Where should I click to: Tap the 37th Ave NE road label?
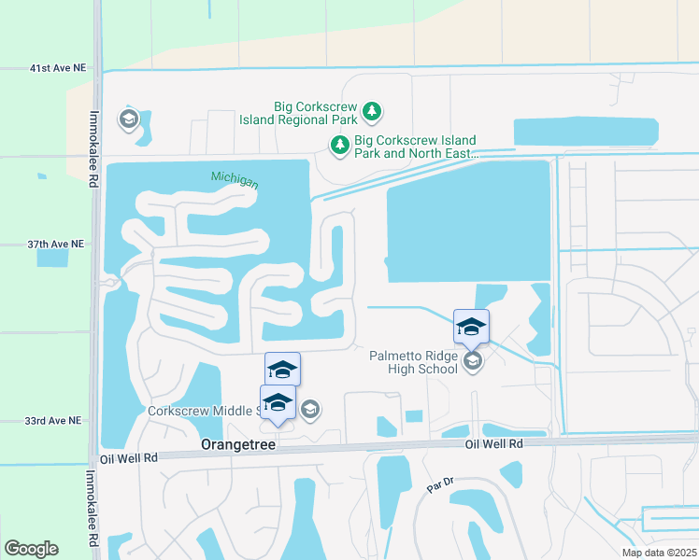tap(55, 244)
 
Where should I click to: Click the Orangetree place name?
tap(238, 446)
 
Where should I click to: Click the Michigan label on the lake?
tap(234, 178)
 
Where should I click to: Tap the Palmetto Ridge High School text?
tap(414, 362)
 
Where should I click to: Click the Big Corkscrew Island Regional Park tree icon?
tap(373, 112)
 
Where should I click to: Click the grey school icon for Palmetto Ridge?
tap(473, 361)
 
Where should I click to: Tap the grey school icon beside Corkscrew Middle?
tap(310, 409)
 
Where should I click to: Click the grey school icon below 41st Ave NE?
tap(128, 119)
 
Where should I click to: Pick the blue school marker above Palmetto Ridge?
tap(471, 327)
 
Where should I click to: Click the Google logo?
tap(31, 549)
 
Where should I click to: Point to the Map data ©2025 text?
tap(659, 553)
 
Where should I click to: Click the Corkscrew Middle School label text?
tap(202, 411)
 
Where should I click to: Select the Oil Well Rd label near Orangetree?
tap(129, 458)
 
